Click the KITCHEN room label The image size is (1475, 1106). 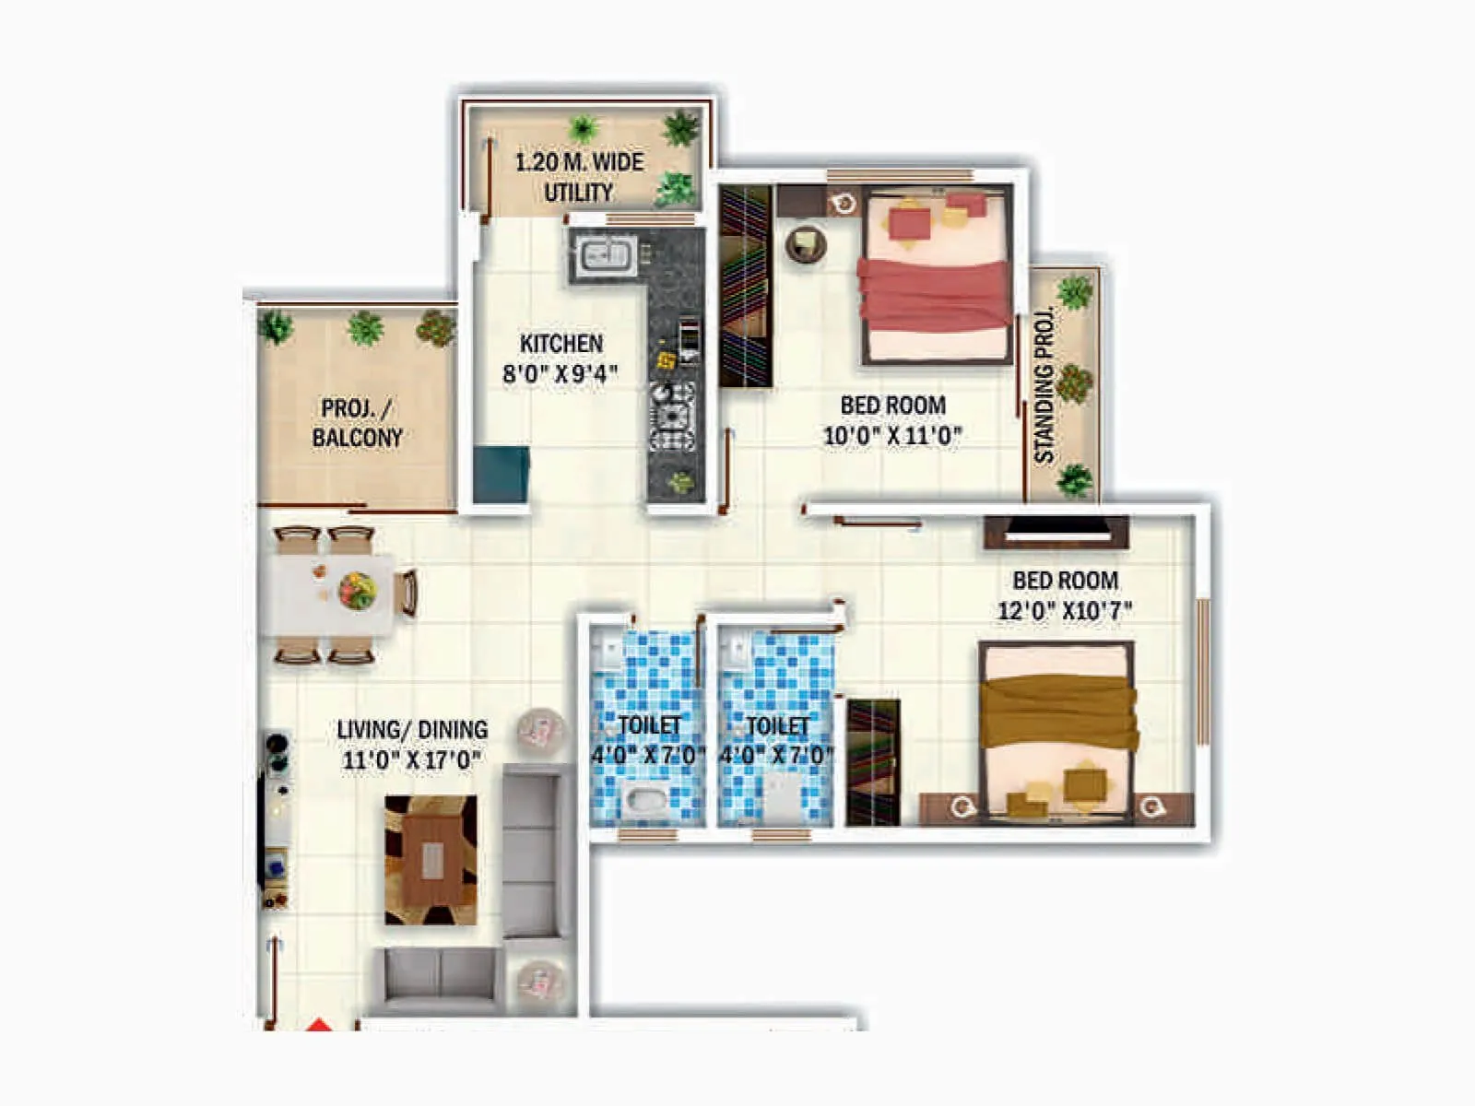point(560,344)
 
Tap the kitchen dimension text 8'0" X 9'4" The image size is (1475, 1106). point(560,373)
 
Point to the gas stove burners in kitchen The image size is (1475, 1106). point(672,416)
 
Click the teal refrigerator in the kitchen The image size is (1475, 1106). point(501,474)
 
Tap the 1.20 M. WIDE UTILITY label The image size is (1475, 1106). point(579,177)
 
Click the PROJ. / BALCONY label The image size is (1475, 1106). point(357,422)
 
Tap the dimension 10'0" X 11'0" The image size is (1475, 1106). point(891,435)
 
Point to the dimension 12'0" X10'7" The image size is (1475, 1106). point(1065,610)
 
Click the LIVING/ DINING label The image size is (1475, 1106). point(412,730)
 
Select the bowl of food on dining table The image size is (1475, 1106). point(357,589)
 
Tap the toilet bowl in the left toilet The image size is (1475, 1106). point(643,799)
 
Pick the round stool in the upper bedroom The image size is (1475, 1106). point(805,244)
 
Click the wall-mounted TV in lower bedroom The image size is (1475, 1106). point(1056,531)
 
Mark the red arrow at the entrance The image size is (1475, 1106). point(318,1024)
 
